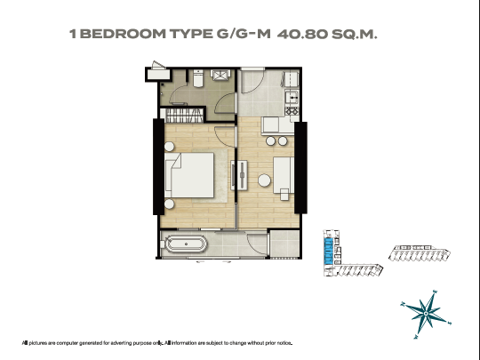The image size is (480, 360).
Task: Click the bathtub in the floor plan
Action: click(x=186, y=244)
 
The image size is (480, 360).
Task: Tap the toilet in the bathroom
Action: click(x=198, y=78)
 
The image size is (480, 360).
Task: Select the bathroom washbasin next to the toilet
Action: click(x=220, y=75)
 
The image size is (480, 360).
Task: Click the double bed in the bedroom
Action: click(x=189, y=175)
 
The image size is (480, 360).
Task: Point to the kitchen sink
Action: click(x=292, y=98)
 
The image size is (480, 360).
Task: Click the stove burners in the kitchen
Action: click(x=292, y=111)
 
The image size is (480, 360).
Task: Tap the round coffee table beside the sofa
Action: click(x=264, y=180)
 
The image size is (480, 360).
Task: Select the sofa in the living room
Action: click(x=284, y=175)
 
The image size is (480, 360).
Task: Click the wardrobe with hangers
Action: click(x=184, y=115)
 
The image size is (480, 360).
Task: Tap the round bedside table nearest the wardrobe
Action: click(x=169, y=147)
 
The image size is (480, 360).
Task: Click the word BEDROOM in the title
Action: click(x=123, y=34)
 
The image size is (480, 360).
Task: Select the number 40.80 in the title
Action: click(x=302, y=34)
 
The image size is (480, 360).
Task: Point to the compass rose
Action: click(x=426, y=315)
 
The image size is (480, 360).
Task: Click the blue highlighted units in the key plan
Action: click(x=329, y=252)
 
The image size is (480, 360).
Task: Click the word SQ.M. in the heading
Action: click(x=355, y=34)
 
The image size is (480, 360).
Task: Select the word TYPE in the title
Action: click(x=191, y=34)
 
